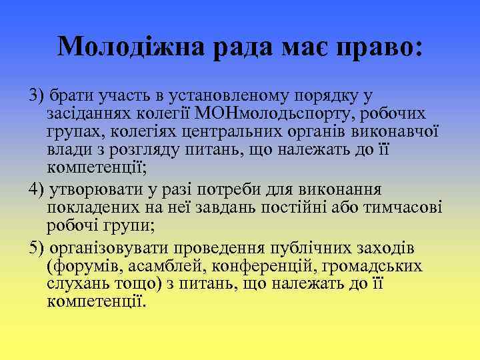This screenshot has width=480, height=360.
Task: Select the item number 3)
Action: point(37,95)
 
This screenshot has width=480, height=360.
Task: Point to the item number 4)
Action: point(37,189)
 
